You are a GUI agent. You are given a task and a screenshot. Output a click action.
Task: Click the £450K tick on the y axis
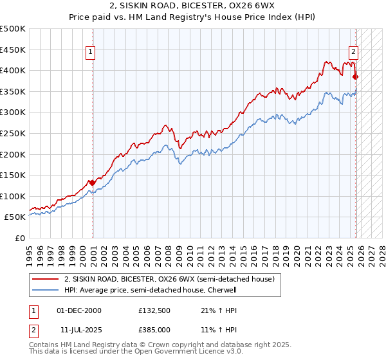pos(13,50)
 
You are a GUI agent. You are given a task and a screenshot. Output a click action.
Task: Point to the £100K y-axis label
pos(13,196)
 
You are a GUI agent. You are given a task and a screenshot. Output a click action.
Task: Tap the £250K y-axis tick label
pos(13,133)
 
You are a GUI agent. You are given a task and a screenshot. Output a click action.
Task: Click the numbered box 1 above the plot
pos(91,53)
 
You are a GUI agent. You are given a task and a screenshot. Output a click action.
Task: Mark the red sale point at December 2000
pos(92,183)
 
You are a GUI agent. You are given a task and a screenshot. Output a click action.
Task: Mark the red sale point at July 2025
pos(356,76)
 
